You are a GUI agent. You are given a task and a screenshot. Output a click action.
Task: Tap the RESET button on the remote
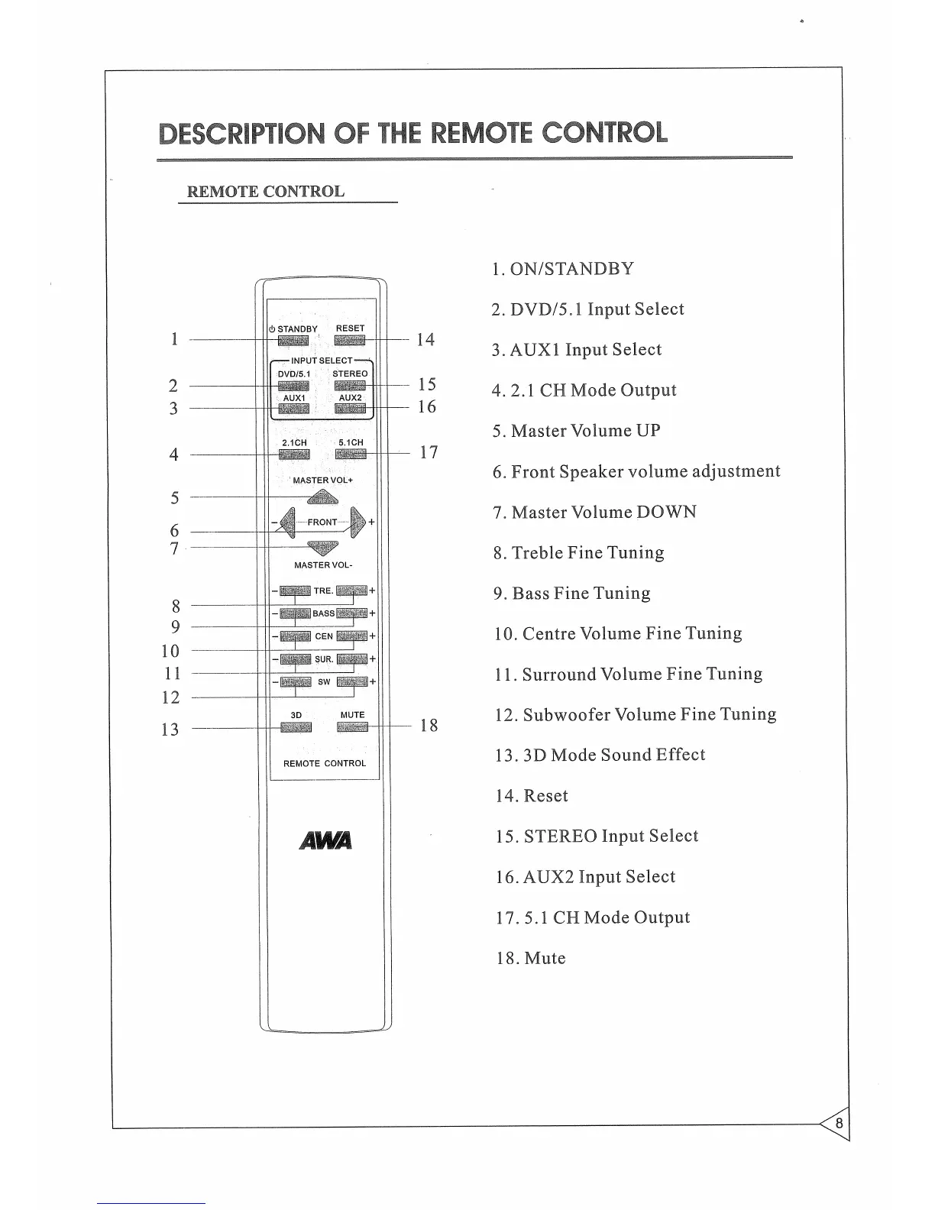(350, 340)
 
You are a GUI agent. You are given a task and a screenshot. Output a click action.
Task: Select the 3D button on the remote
(296, 726)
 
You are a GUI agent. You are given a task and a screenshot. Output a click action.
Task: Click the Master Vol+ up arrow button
(322, 498)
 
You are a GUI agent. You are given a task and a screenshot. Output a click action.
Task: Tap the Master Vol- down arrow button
(322, 547)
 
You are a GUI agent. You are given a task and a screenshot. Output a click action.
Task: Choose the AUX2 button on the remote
(350, 409)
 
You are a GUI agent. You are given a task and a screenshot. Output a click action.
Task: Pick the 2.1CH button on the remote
(294, 455)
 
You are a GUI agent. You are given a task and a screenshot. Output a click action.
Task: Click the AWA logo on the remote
(325, 840)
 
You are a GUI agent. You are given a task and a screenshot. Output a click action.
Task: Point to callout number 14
(425, 340)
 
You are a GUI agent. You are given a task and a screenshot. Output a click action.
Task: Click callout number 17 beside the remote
(429, 452)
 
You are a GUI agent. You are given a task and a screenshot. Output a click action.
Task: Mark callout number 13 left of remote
(170, 730)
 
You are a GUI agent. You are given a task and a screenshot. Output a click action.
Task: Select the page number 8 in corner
(839, 1124)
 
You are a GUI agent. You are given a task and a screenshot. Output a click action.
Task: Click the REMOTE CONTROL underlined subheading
(266, 192)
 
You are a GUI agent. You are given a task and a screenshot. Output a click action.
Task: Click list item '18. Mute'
(531, 959)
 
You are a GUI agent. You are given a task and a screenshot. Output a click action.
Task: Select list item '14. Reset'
(532, 796)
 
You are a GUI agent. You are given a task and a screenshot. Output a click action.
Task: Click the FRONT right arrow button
(357, 522)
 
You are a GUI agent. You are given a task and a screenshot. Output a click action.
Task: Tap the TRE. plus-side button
(351, 590)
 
